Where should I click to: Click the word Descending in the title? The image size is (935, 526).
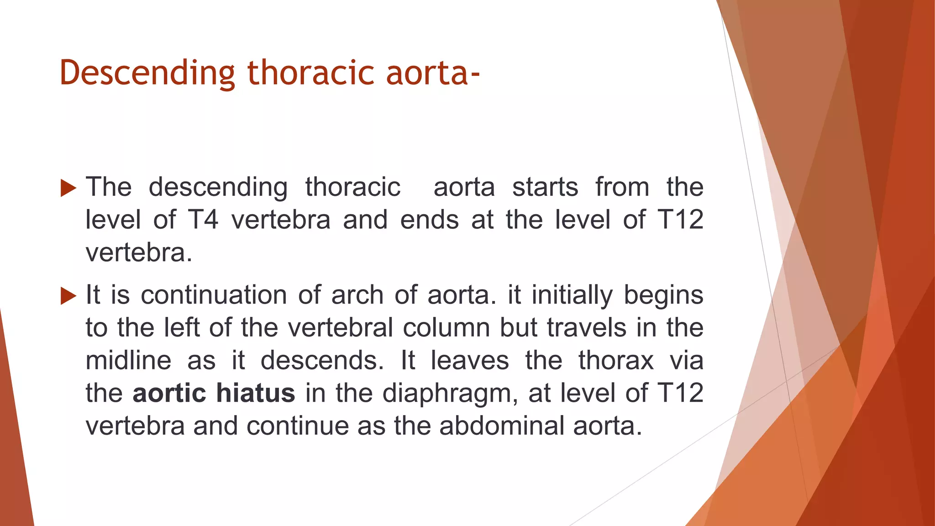tap(147, 74)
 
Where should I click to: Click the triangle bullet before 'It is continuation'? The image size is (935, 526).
tap(68, 296)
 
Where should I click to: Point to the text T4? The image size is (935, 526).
tap(203, 220)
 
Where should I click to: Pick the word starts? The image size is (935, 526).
tap(545, 187)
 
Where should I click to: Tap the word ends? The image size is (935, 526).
tap(429, 220)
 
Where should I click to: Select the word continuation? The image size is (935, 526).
tap(214, 295)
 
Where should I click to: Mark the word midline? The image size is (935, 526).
tap(129, 360)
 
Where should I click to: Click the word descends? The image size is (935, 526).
tap(322, 360)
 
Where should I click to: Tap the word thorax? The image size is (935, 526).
tap(616, 360)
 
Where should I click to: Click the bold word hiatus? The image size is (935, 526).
tap(256, 393)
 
